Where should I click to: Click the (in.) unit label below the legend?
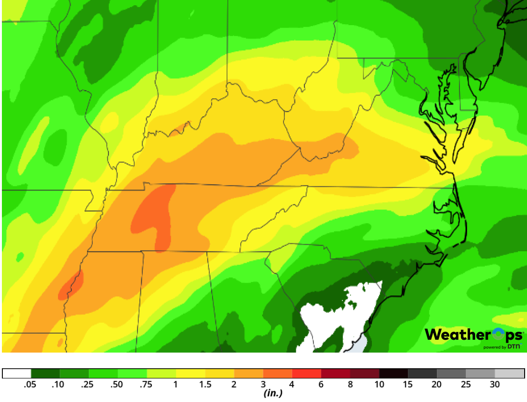coord(273,394)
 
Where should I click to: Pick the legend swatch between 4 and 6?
coord(307,373)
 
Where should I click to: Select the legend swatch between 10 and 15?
coord(394,373)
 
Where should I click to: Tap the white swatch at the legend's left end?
coord(17,373)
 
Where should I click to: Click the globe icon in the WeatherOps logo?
coord(498,334)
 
